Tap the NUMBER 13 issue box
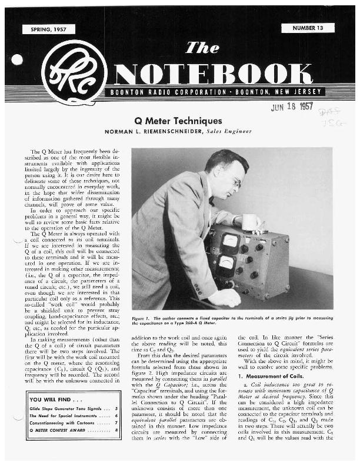[x=308, y=28]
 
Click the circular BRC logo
[x=74, y=72]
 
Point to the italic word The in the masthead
[x=202, y=48]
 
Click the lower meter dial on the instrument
[x=225, y=265]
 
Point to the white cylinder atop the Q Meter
[x=251, y=222]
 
